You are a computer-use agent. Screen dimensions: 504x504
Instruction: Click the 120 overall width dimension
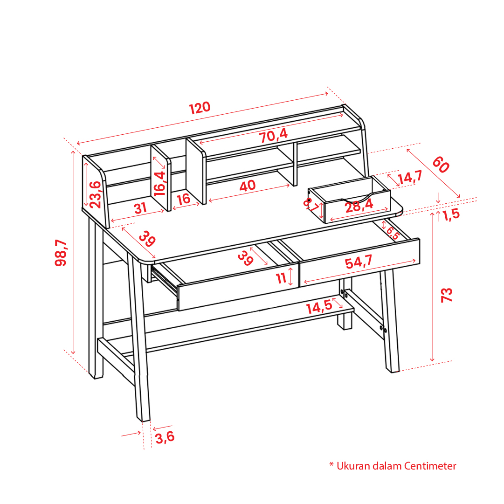click(200, 108)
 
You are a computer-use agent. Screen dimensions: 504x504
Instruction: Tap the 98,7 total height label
click(61, 253)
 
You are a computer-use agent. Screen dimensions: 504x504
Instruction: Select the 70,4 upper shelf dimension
click(273, 135)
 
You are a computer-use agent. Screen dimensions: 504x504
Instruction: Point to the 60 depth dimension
click(441, 164)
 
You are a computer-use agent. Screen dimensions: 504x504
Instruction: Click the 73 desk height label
click(447, 295)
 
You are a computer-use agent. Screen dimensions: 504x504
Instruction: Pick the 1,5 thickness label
click(451, 214)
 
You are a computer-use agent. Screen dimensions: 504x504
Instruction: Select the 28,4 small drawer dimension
click(359, 206)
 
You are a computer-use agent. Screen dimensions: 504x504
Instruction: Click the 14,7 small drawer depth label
click(410, 178)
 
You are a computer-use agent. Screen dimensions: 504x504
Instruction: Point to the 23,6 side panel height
click(96, 194)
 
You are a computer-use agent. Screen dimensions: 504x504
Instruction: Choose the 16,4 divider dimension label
click(159, 183)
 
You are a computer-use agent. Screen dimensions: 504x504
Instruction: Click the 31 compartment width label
click(140, 208)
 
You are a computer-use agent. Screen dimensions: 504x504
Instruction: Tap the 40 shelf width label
click(248, 186)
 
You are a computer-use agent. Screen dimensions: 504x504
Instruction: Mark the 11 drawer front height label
click(281, 278)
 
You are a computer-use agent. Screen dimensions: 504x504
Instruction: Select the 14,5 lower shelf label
click(319, 307)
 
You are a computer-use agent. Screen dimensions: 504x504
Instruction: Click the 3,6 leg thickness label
click(165, 437)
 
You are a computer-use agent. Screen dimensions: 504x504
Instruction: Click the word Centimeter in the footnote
click(430, 466)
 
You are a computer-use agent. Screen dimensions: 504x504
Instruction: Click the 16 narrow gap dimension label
click(184, 199)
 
